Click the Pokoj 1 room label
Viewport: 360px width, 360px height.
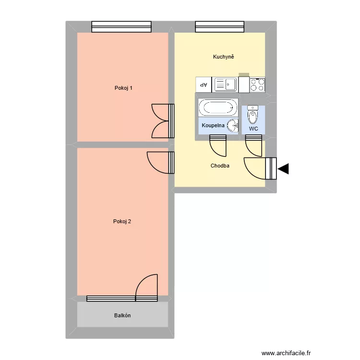pyautogui.click(x=123, y=88)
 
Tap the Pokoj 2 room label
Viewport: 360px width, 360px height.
pyautogui.click(x=122, y=221)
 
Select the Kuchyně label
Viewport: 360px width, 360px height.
pyautogui.click(x=224, y=57)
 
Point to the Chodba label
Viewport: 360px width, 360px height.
pyautogui.click(x=220, y=166)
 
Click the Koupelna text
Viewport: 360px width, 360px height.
pyautogui.click(x=213, y=125)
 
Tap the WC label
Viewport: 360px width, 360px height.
pyautogui.click(x=253, y=129)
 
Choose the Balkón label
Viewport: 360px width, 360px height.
pyautogui.click(x=122, y=315)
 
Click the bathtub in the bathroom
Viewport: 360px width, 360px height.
pyautogui.click(x=218, y=107)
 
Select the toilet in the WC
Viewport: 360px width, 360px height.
pyautogui.click(x=252, y=116)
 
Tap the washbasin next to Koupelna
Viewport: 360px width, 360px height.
pyautogui.click(x=233, y=126)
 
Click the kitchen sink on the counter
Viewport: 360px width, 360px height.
pyautogui.click(x=226, y=85)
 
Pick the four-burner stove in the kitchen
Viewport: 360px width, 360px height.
pyautogui.click(x=258, y=85)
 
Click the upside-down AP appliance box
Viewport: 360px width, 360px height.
pyautogui.click(x=204, y=85)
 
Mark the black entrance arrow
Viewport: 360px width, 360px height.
pyautogui.click(x=283, y=168)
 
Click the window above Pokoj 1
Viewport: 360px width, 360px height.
pyautogui.click(x=121, y=27)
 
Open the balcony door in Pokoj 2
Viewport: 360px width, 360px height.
pyautogui.click(x=147, y=288)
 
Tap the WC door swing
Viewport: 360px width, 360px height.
pyautogui.click(x=253, y=144)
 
